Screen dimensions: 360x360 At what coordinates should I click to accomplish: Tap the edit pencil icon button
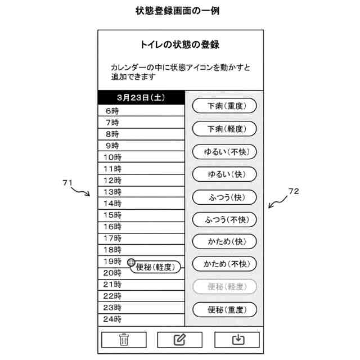pos(179,340)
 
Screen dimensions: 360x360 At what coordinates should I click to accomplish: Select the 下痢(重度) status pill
pos(224,106)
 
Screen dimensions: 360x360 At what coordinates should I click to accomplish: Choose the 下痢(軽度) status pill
pos(224,129)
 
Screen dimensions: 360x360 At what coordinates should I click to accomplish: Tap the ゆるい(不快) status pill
pos(224,152)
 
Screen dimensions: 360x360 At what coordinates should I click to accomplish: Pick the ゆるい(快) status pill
pos(224,174)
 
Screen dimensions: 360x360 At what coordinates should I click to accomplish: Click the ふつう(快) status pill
pos(224,197)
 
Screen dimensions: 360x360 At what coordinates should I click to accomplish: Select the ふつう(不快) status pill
pos(224,219)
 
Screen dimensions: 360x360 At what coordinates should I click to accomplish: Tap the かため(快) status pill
pos(224,242)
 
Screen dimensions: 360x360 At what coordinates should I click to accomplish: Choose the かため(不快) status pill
pos(224,264)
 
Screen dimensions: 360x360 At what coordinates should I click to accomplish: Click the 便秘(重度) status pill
pos(224,309)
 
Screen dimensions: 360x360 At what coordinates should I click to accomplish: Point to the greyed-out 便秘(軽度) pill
pos(224,287)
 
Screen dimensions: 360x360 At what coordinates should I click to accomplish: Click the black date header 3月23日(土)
pos(141,97)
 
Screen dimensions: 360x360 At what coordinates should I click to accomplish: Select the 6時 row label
pos(112,111)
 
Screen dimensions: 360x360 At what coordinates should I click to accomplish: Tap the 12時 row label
pos(112,181)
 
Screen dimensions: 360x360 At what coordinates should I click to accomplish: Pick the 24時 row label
pos(112,319)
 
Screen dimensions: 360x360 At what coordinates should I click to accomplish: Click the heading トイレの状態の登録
pos(179,44)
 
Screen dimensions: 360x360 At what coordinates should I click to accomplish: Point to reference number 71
pos(67,182)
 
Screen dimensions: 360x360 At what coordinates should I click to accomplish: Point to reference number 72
pos(293,191)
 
